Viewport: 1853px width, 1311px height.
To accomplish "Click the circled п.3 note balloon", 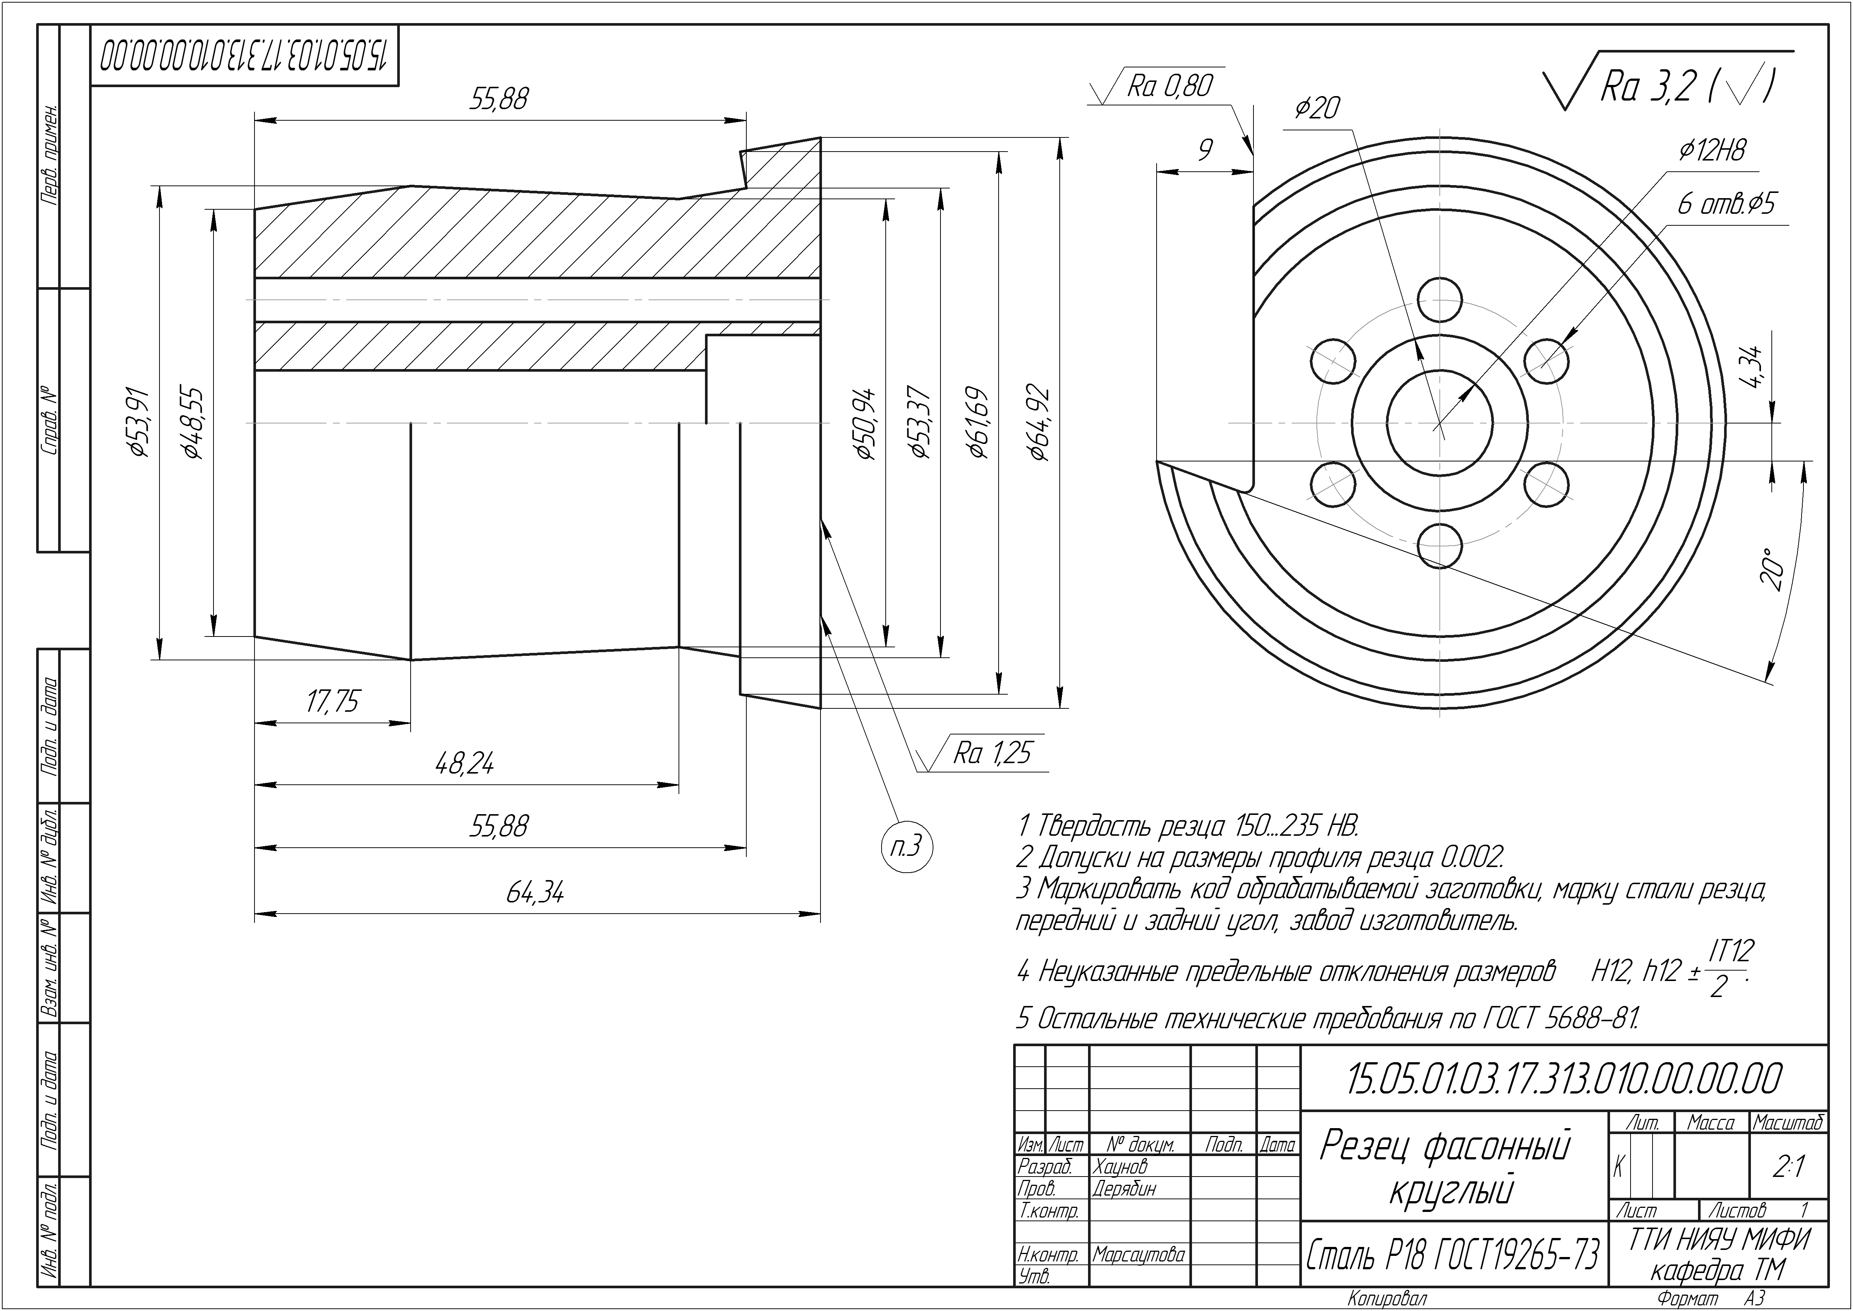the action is (906, 847).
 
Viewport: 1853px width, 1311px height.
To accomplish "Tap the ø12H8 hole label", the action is (1712, 150).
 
